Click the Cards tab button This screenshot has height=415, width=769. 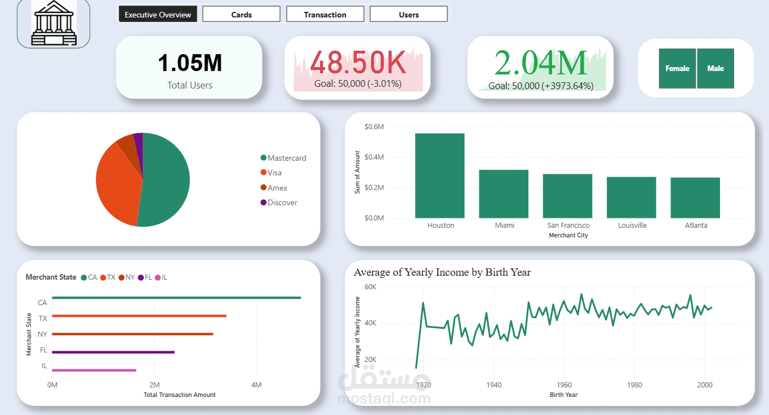241,15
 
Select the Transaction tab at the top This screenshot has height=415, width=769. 325,15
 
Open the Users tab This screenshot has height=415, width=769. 408,15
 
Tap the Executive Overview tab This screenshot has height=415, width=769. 158,15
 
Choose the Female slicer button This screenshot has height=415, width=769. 677,68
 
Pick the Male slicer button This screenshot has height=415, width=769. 715,68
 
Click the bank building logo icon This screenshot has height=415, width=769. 54,23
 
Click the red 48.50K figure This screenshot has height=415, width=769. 358,63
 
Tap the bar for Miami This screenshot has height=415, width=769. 504,194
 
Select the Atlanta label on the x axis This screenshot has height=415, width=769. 696,225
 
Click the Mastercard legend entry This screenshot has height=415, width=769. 286,158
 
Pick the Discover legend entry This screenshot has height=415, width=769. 282,202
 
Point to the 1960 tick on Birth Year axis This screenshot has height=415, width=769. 563,385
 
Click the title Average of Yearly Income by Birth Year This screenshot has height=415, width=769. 442,272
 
